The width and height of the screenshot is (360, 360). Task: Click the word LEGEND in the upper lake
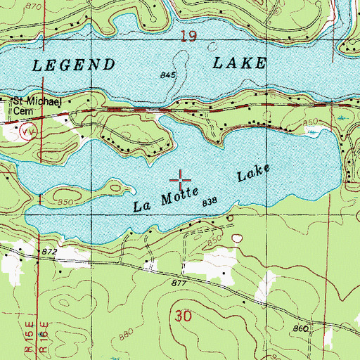[x=74, y=65]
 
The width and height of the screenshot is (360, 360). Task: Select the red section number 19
[x=187, y=36]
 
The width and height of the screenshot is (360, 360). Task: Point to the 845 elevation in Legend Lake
[x=167, y=72]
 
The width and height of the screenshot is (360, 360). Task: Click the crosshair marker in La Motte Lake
[x=181, y=177]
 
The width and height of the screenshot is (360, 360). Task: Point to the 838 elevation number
[x=209, y=202]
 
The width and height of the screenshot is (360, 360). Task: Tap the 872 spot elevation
[x=49, y=251]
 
